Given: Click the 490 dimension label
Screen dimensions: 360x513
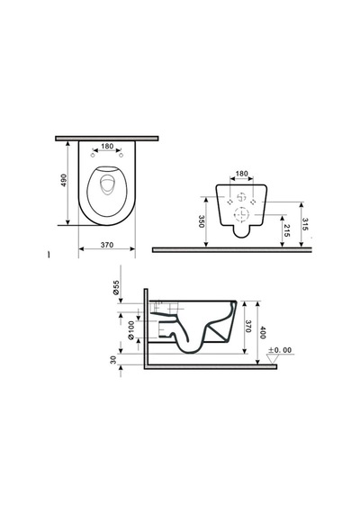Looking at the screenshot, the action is point(64,180).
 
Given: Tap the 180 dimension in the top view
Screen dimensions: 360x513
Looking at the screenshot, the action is point(107,146).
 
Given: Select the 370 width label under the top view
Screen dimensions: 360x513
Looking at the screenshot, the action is point(107,245).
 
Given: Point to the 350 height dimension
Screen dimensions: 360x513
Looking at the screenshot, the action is point(202,221).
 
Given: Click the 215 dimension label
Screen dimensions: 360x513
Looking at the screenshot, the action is point(286,230).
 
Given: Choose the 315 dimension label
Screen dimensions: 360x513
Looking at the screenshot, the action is point(305,224).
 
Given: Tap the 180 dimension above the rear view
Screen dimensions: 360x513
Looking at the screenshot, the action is point(242,174).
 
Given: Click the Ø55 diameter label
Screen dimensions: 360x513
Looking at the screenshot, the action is point(116,288).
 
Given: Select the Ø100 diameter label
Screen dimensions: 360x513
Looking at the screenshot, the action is point(130,329).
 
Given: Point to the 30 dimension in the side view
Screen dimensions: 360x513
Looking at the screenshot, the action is point(113,360).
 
